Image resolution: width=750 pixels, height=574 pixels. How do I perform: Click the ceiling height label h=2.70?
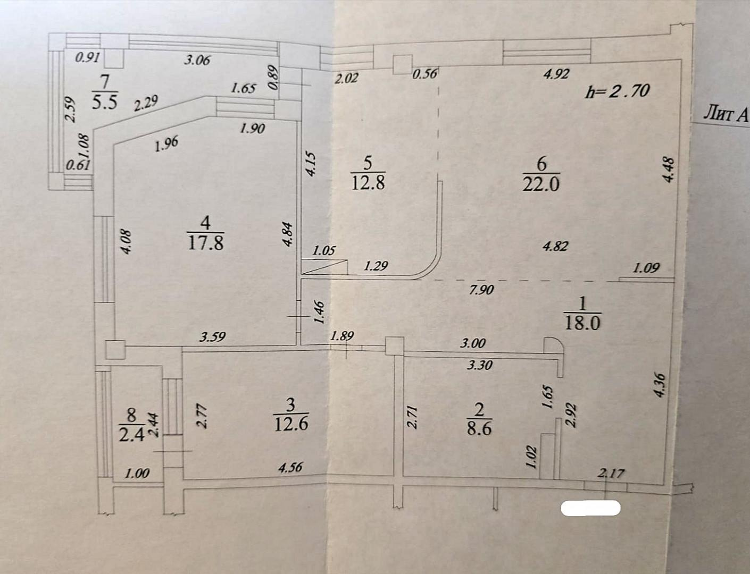tap(618, 91)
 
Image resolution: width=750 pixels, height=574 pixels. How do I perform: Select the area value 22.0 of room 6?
tap(541, 185)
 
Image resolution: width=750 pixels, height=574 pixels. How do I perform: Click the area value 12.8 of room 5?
tap(368, 183)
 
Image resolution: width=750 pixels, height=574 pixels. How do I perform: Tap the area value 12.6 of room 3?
tap(291, 424)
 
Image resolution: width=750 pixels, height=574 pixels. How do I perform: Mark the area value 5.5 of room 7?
tap(105, 103)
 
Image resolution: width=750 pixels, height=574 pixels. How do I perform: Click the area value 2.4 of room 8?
tap(131, 435)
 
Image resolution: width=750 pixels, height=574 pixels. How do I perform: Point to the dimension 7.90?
tap(481, 290)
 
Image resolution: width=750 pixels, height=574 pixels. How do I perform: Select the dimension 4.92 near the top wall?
tap(556, 74)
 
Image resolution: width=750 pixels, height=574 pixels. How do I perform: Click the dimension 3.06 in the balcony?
tap(197, 61)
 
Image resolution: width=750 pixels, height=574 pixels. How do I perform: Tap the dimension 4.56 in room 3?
tap(290, 468)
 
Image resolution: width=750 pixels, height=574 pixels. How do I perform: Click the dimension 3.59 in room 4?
tap(213, 336)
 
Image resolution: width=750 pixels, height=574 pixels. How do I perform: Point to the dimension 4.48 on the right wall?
tap(669, 170)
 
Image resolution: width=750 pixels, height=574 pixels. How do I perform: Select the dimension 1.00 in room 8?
tap(137, 474)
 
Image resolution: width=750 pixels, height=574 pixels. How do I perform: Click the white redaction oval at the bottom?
tap(590, 508)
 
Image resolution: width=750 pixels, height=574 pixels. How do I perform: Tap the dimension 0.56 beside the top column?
tap(425, 74)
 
